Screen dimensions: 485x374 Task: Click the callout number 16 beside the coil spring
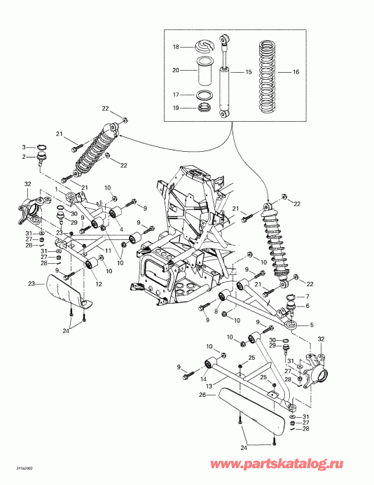296,72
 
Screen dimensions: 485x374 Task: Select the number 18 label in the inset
176,47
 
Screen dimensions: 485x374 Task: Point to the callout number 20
176,70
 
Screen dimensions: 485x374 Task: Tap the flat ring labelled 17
205,94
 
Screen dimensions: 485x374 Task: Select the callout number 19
176,108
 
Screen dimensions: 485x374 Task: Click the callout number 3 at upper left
23,147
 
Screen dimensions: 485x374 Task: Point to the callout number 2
23,157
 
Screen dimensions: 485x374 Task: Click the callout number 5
311,324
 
